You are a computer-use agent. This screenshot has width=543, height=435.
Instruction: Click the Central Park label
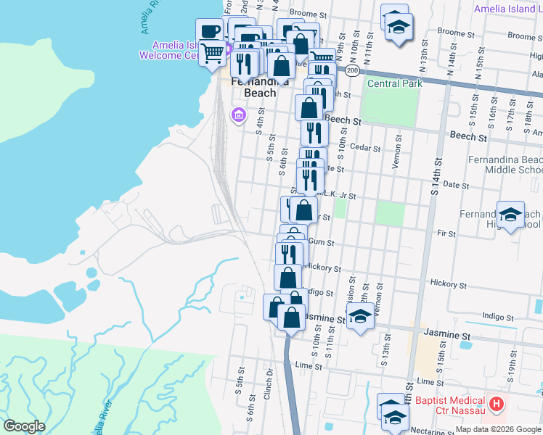395,84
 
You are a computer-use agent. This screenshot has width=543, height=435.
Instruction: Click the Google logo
24,426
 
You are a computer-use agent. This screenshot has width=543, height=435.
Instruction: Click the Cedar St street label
365,147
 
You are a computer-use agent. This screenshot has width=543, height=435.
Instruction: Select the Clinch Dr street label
269,380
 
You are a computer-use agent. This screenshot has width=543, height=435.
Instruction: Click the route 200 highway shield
352,70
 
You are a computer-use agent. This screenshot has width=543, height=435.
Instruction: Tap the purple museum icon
237,115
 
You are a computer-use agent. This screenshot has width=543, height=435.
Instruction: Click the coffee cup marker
211,31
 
